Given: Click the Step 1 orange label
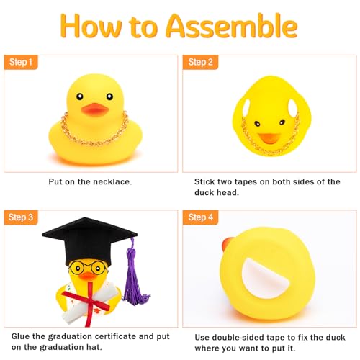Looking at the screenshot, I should coord(22,63).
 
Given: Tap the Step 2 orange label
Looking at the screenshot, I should coord(202,63).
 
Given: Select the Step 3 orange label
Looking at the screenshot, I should coord(22,217).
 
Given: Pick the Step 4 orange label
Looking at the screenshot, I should coord(202,217).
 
